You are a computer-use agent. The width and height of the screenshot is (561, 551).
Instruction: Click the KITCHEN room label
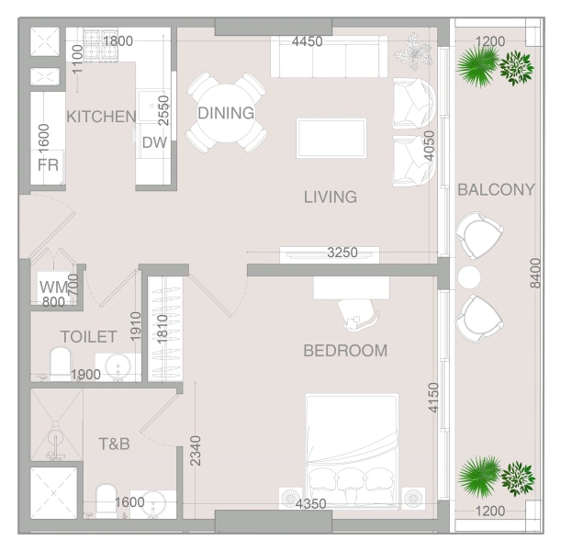(x=101, y=117)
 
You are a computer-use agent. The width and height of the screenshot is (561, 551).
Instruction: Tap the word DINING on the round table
(x=226, y=113)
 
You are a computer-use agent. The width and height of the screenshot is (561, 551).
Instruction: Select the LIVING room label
(x=331, y=197)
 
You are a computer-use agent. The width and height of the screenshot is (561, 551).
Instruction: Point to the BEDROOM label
(x=345, y=351)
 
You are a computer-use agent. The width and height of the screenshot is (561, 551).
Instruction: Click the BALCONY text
(x=496, y=189)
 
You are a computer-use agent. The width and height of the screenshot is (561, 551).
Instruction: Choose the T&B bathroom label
(x=114, y=444)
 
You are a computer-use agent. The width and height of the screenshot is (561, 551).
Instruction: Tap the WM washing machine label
(x=53, y=287)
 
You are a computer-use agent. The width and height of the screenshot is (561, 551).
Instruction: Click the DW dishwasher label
(x=154, y=142)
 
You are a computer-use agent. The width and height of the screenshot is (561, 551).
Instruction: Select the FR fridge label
(x=48, y=165)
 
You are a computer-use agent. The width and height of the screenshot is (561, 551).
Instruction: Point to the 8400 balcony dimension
(x=535, y=273)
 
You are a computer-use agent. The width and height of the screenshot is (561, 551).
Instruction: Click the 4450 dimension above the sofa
(x=307, y=41)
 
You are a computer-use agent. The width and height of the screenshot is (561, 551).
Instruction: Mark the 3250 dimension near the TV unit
(x=342, y=253)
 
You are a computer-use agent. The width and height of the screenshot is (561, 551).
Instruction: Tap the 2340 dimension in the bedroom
(x=196, y=451)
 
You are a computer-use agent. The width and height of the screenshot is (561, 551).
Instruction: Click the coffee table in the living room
(x=331, y=138)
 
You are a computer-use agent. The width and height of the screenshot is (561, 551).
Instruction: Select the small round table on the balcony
(x=469, y=277)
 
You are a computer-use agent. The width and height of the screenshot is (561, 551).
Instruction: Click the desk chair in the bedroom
(x=358, y=314)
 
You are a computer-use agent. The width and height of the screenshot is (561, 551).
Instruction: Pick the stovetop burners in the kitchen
(x=100, y=44)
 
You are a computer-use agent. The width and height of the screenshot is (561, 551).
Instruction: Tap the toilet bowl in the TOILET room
(x=61, y=363)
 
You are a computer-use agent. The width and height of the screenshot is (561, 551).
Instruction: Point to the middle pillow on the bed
(x=351, y=479)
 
